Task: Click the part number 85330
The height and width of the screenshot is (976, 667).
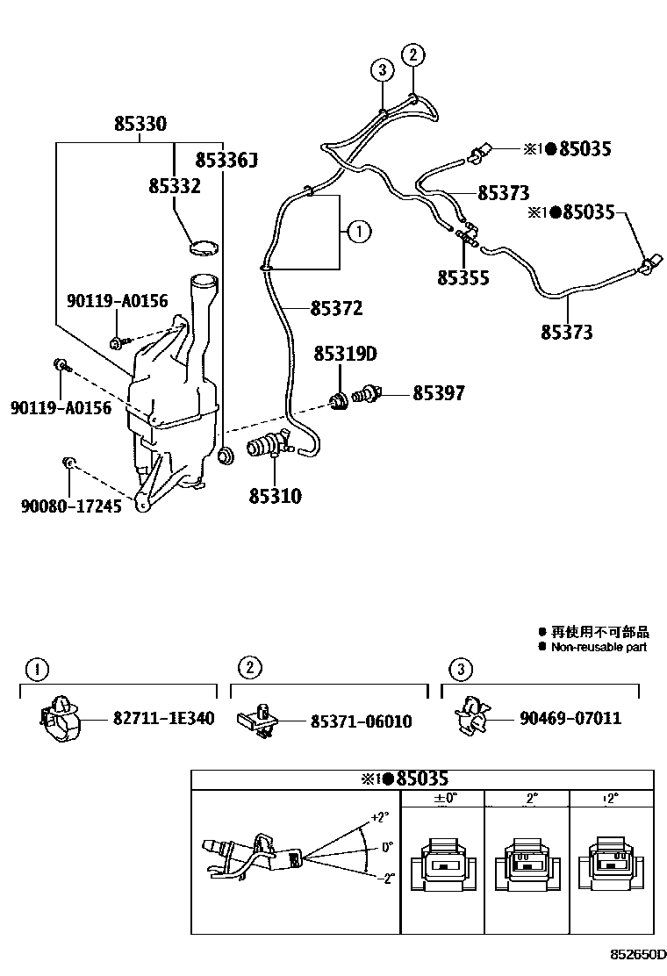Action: point(140,126)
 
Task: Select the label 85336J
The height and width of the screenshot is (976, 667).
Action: point(226,160)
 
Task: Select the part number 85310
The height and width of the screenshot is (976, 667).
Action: point(274,497)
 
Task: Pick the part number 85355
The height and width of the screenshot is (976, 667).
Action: point(463,278)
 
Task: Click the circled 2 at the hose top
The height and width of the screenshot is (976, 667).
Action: point(412,54)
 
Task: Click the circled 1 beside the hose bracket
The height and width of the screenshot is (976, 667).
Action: point(358,232)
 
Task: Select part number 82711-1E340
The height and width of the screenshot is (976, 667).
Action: point(163,718)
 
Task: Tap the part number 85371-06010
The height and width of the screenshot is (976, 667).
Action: point(361,721)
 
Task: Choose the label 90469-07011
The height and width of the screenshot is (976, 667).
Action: point(570,718)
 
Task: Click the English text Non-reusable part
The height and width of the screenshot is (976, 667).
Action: point(599,647)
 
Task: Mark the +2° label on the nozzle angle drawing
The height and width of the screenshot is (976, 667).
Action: point(379,816)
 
